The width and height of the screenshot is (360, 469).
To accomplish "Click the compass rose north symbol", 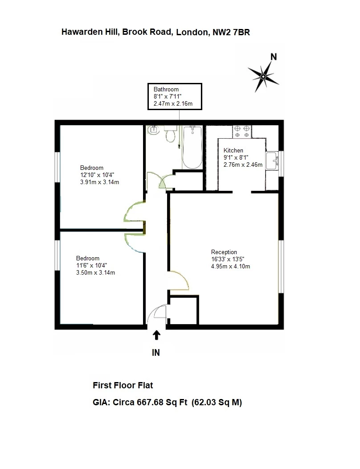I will coord(263,77).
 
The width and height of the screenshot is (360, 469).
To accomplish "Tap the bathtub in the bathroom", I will coord(192,147).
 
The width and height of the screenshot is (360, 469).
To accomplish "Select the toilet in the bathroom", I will coord(170,133).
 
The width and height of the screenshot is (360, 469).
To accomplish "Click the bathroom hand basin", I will coord(155,130).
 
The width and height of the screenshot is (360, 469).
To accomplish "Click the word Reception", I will coord(224,252).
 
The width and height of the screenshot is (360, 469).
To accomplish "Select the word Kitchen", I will coord(233,151).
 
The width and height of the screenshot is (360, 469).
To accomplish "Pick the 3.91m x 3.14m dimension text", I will coord(99,182).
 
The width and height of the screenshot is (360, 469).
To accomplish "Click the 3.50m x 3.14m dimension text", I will coord(95,272).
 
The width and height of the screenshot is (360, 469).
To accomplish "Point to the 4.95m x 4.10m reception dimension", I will coord(230,267).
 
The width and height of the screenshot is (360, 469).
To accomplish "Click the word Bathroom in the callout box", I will coord(166,90).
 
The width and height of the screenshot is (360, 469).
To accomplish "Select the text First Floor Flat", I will coord(123,385).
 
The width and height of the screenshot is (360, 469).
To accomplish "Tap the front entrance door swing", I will coord(157,314).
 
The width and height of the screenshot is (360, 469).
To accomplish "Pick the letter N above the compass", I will coord(274,57).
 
